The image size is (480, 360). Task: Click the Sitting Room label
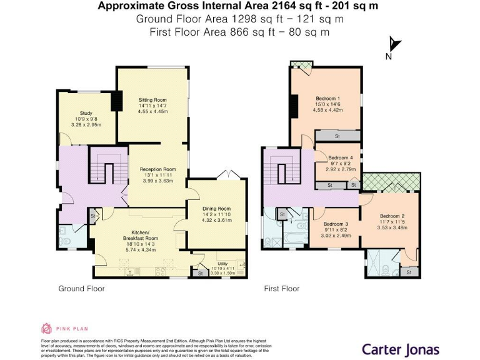[152, 99]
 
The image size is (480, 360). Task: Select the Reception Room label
[157, 169]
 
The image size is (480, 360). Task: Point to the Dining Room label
[216, 209]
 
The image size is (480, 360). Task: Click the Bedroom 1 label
[327, 99]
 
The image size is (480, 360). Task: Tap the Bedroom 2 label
[392, 216]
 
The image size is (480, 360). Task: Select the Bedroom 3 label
[336, 224]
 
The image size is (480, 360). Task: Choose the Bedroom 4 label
[341, 157]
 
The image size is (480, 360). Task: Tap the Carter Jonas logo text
[401, 349]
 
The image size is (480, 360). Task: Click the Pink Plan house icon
[46, 328]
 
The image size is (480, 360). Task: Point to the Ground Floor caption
[81, 289]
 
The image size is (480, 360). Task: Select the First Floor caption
[282, 289]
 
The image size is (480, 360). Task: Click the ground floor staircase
[107, 167]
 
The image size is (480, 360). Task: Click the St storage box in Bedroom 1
[337, 136]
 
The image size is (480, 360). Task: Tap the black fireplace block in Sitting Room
[115, 101]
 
